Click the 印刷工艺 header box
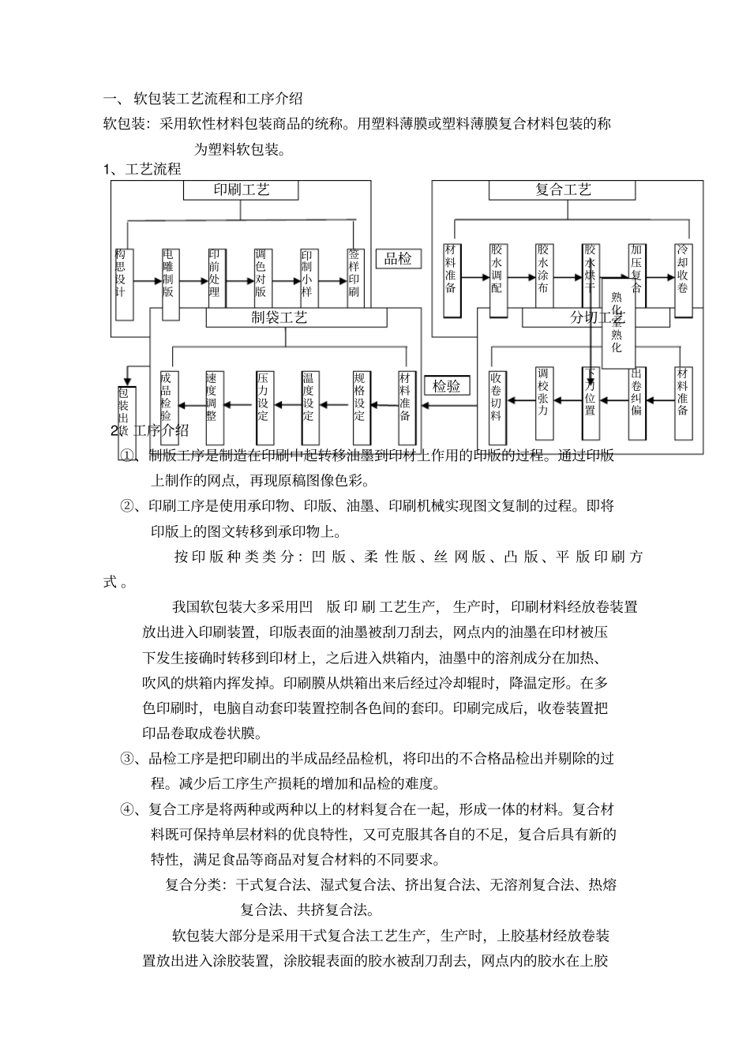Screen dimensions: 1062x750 (x=241, y=190)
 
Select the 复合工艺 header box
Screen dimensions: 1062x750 (x=562, y=190)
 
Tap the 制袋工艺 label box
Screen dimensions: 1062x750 (x=296, y=317)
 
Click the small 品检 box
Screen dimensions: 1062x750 (x=398, y=258)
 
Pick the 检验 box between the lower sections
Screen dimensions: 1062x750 (x=447, y=386)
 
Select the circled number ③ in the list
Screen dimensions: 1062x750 (x=127, y=759)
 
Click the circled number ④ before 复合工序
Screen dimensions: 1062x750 (x=127, y=809)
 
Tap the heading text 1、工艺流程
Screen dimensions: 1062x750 (x=143, y=169)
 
